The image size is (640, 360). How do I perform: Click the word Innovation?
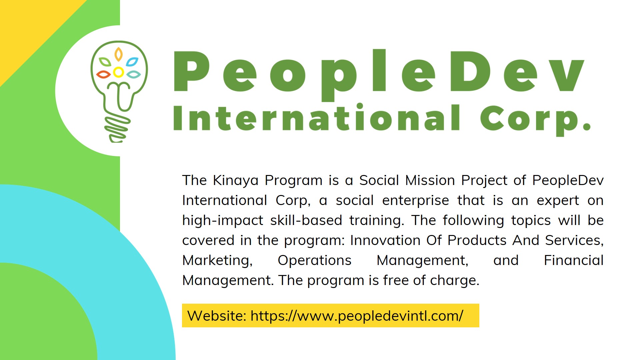pos(385,240)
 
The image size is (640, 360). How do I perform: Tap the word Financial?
pos(574,260)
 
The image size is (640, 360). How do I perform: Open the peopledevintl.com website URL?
pos(357,316)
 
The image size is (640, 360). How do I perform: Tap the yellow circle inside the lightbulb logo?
pos(118,72)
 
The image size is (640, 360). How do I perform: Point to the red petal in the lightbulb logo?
pos(103,74)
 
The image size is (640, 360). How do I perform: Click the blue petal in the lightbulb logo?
pos(132,62)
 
